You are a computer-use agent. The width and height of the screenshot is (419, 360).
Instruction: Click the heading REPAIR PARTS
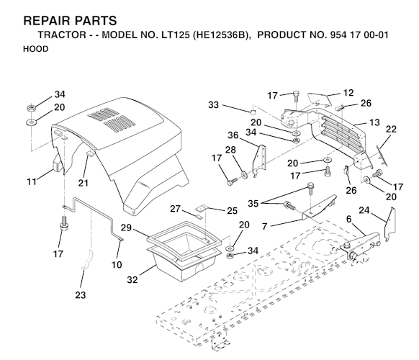point(70,21)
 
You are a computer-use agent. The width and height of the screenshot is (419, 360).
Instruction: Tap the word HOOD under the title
point(35,49)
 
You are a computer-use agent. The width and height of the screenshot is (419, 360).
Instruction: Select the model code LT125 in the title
point(175,35)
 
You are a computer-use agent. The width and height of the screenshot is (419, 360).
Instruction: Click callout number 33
point(214,105)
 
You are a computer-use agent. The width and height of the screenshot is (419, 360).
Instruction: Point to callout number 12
point(348,93)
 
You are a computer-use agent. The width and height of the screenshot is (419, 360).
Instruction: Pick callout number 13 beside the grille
point(374,122)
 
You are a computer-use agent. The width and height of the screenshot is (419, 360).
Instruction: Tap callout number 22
point(391,129)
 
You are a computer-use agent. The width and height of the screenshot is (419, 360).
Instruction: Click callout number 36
point(233,135)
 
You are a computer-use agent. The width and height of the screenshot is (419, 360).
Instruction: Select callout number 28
point(230,150)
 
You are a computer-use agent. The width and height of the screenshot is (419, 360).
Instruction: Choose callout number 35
point(253,203)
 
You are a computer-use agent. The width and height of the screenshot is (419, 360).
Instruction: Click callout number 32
point(132,280)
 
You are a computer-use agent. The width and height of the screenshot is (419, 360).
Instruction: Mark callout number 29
point(126,228)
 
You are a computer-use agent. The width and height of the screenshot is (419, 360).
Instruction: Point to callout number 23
point(80,295)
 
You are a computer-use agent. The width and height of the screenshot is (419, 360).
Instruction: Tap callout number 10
point(117,265)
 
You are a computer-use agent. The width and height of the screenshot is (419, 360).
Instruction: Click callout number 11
point(32,181)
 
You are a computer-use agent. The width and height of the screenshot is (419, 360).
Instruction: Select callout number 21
point(83,183)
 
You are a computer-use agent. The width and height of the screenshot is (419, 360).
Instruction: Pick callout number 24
point(364,210)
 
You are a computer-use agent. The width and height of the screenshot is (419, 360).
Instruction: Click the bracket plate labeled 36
point(261,161)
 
